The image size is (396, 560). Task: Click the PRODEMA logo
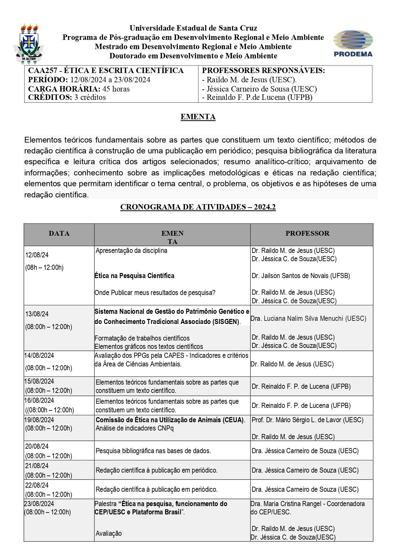353,44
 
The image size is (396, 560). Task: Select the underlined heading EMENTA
198,117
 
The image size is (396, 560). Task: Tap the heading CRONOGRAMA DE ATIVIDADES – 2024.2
198,207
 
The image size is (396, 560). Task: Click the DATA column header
59,233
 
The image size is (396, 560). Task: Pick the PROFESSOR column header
307,233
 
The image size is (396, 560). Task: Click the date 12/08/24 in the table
37,255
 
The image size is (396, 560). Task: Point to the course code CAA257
43,70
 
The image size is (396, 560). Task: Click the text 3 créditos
90,97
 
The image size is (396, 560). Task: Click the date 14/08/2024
39,356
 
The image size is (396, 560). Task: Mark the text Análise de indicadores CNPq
135,428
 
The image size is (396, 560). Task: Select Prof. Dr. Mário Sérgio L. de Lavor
307,420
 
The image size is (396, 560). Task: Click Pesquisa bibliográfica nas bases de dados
153,451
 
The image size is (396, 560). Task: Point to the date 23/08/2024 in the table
39,504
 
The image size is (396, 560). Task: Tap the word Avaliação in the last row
109,533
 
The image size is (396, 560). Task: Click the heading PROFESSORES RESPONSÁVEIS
263,70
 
